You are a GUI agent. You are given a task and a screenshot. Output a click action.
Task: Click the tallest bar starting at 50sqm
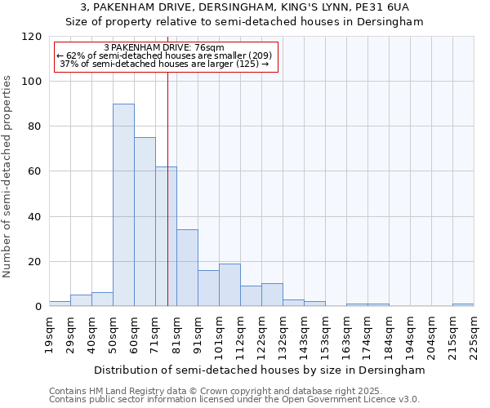(x=123, y=205)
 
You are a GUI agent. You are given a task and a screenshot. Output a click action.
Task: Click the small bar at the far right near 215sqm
(x=463, y=304)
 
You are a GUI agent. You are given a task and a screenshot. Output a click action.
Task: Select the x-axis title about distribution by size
(x=259, y=370)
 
